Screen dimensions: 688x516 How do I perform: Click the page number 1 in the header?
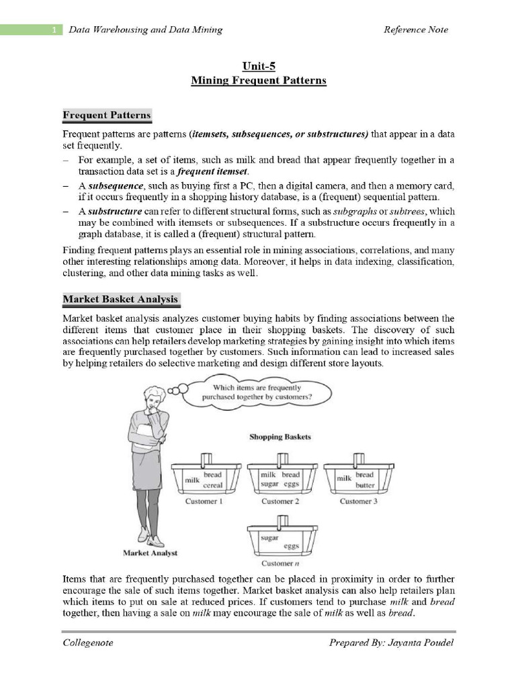point(53,30)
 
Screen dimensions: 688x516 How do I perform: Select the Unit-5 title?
point(258,66)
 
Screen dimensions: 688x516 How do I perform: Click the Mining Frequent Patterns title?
point(258,81)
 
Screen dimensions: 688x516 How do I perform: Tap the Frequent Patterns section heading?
point(107,116)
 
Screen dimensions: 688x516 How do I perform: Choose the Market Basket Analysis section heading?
point(120,299)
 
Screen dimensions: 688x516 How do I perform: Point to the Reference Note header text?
point(415,30)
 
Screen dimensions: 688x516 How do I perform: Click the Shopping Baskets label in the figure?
point(280,437)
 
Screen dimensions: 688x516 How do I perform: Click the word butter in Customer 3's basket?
point(365,484)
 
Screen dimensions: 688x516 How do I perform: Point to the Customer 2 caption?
point(277,501)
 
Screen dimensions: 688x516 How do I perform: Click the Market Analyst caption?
point(150,553)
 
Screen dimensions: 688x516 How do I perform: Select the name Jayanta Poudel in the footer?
point(421,643)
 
